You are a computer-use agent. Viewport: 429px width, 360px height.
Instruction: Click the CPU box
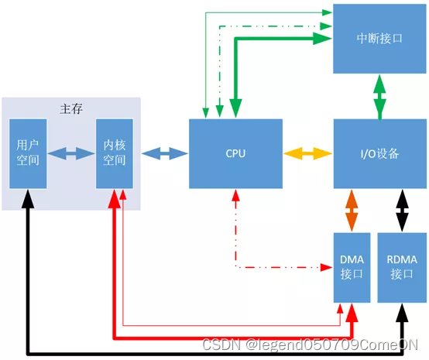pos(235,153)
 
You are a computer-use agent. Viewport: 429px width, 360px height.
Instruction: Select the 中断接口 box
pos(379,38)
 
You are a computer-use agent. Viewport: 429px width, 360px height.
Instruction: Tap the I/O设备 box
pos(379,153)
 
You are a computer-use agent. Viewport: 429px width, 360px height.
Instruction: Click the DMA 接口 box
pos(352,267)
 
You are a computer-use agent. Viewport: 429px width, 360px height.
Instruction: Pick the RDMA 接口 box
pos(402,267)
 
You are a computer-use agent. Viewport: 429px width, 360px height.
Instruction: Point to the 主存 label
pos(71,109)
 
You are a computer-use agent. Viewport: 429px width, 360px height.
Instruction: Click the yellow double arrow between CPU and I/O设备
pos(308,153)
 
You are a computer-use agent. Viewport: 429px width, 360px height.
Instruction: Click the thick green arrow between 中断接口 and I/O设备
pos(379,96)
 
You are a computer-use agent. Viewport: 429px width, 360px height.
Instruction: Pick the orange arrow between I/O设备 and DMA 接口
pos(352,210)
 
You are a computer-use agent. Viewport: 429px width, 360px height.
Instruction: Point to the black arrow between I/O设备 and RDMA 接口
pos(402,210)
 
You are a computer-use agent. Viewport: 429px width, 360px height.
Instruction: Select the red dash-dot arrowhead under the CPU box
pos(235,196)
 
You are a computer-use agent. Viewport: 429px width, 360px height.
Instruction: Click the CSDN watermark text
pos(310,345)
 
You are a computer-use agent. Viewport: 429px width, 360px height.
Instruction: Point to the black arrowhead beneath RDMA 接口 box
pos(402,311)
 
